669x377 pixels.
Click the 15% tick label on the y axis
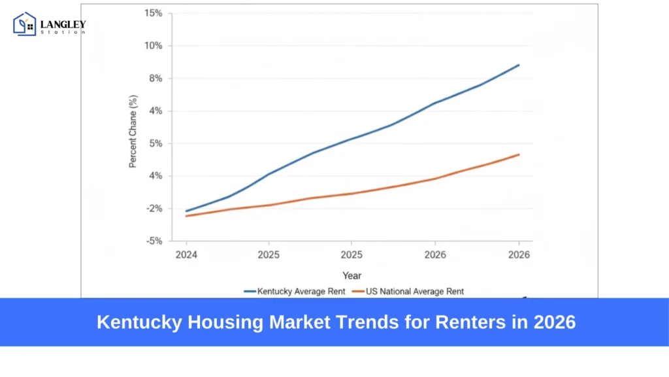click(154, 13)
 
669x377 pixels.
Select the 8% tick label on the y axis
click(155, 79)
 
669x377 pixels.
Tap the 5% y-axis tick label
click(155, 143)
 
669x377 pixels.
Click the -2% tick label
click(154, 208)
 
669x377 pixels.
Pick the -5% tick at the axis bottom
click(154, 241)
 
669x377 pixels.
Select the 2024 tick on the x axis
click(186, 254)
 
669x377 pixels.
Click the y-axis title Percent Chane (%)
click(133, 131)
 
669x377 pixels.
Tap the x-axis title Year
click(351, 276)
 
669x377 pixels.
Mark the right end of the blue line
click(519, 65)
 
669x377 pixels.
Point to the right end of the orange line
click(519, 154)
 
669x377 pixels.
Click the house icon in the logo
click(25, 24)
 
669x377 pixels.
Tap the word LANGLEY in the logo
click(63, 24)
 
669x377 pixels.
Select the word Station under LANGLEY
click(63, 32)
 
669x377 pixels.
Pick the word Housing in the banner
click(205, 322)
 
